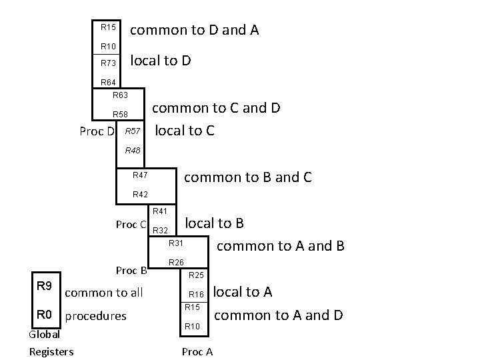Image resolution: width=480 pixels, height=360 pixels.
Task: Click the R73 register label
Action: point(108,63)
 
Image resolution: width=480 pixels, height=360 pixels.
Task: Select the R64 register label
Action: point(108,83)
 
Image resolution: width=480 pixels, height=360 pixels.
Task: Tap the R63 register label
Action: point(120,95)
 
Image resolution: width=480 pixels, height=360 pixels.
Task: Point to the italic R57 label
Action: point(133,131)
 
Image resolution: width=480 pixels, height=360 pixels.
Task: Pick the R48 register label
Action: point(133,151)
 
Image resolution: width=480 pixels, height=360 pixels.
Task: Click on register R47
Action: point(140,175)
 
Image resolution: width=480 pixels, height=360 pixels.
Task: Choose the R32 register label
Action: point(160,231)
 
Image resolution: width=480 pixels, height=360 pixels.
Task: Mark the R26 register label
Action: point(176,262)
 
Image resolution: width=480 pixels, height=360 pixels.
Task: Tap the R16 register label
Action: point(195,294)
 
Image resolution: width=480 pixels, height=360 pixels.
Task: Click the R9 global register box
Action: point(45,287)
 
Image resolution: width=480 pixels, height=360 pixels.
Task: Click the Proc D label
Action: point(97,131)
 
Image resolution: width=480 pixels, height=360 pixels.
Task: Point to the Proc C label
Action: point(131,225)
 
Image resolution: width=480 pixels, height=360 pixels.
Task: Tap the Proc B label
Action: point(131,271)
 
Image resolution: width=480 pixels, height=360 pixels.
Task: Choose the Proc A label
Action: point(197,352)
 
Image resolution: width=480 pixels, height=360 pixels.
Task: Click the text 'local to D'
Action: point(161,61)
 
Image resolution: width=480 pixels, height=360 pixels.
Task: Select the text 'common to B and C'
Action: point(247,177)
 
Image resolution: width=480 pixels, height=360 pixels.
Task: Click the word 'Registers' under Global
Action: point(51,351)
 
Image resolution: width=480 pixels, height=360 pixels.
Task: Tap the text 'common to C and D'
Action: point(217,108)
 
